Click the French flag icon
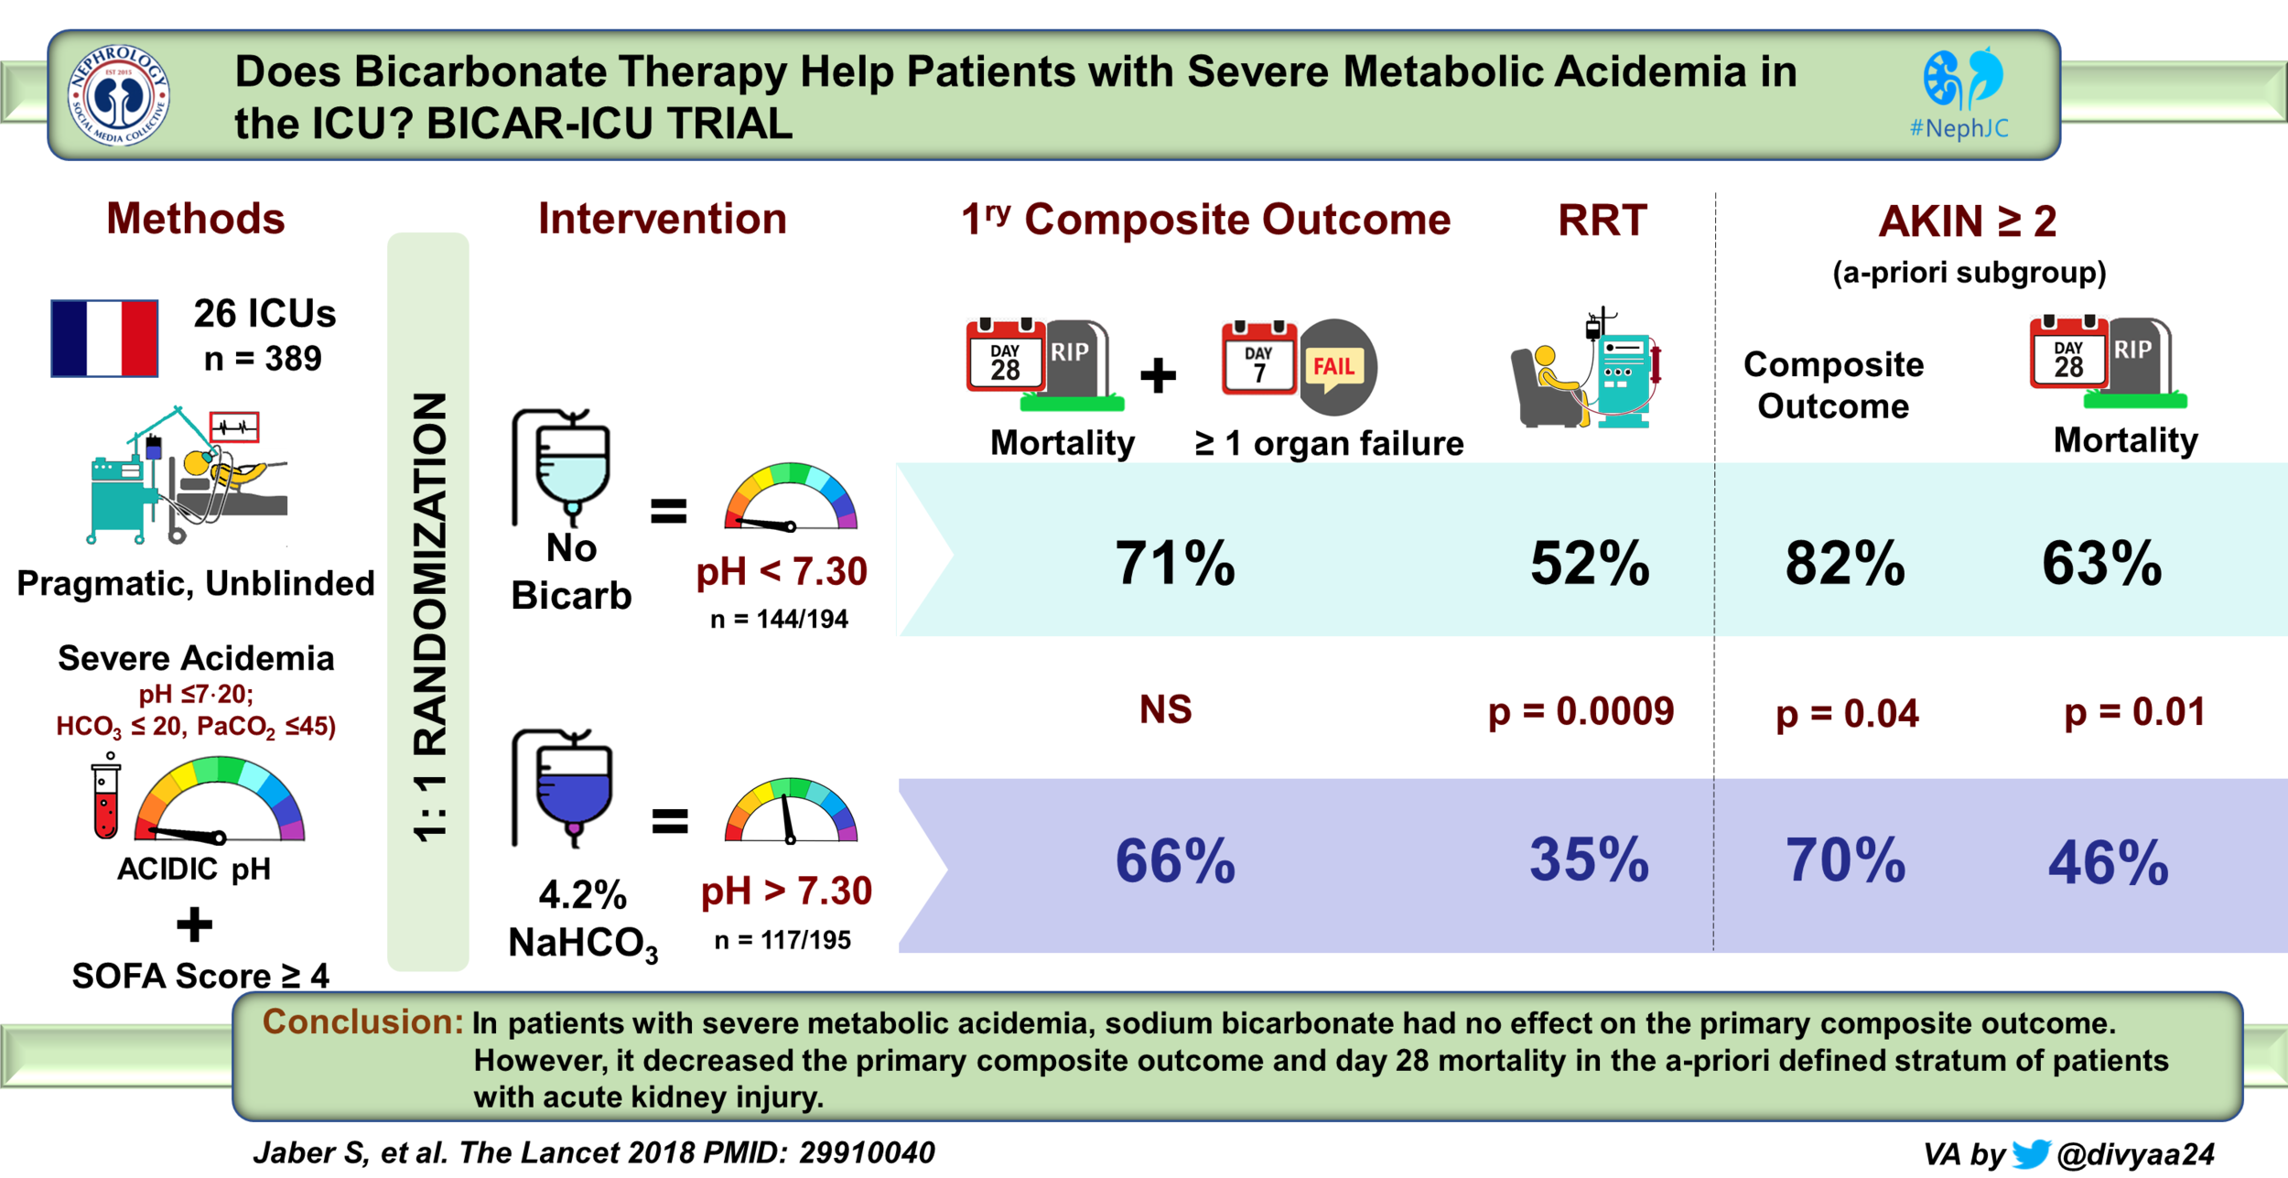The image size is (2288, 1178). pyautogui.click(x=104, y=338)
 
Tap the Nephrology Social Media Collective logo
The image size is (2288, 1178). pyautogui.click(x=119, y=95)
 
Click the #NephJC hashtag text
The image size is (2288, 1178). pyautogui.click(x=1959, y=128)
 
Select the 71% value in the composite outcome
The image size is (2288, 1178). pyautogui.click(x=1175, y=562)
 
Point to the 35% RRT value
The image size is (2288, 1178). pyautogui.click(x=1590, y=859)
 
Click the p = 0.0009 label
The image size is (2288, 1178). pyautogui.click(x=1581, y=711)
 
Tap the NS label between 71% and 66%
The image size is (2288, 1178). pyautogui.click(x=1165, y=709)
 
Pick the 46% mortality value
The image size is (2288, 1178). pyautogui.click(x=2108, y=862)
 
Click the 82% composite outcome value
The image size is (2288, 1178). pyautogui.click(x=1845, y=562)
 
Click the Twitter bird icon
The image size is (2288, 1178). pyautogui.click(x=2031, y=1152)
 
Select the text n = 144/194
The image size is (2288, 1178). pyautogui.click(x=779, y=620)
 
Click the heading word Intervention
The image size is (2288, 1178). pyautogui.click(x=662, y=219)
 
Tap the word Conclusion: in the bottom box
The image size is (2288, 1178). pyautogui.click(x=362, y=1021)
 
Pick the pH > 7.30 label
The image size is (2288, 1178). pyautogui.click(x=786, y=891)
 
